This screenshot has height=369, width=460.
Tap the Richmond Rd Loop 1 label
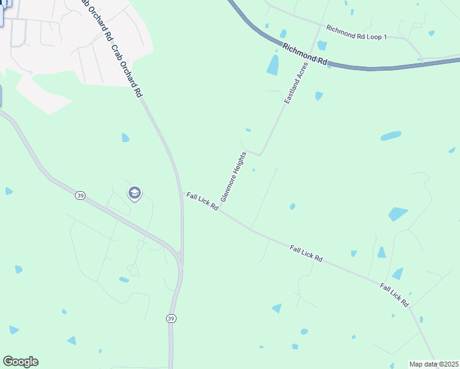click(x=357, y=33)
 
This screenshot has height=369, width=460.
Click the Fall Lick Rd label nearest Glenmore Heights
click(x=202, y=201)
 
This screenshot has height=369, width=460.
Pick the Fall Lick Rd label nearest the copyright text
click(x=394, y=295)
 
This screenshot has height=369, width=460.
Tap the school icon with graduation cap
click(x=134, y=194)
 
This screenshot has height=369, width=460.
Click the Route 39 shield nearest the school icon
click(x=80, y=195)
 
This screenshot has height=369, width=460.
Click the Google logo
click(x=20, y=362)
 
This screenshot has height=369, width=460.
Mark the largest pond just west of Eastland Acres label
click(x=272, y=65)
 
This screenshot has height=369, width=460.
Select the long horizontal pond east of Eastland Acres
click(x=391, y=135)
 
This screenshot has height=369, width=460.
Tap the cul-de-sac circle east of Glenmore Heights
click(x=276, y=169)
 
